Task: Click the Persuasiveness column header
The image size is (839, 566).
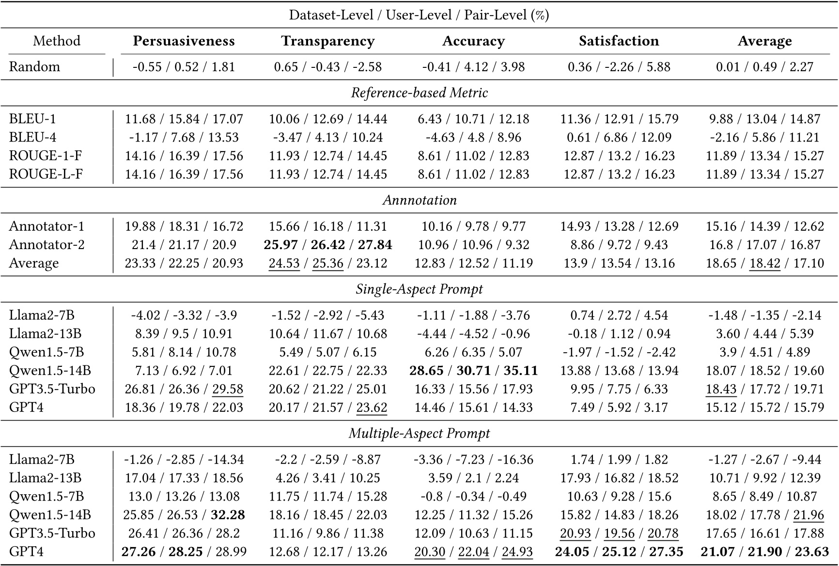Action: pyautogui.click(x=184, y=41)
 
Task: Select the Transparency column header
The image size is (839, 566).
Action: pyautogui.click(x=328, y=41)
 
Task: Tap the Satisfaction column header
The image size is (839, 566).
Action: pyautogui.click(x=619, y=41)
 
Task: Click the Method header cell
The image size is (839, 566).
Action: pyautogui.click(x=57, y=41)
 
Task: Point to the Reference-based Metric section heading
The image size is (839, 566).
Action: pyautogui.click(x=419, y=93)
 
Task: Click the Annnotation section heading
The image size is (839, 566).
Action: pyautogui.click(x=419, y=200)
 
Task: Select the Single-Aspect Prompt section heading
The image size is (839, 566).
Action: pyautogui.click(x=419, y=289)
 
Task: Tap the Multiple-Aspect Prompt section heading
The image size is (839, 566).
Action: pyautogui.click(x=419, y=433)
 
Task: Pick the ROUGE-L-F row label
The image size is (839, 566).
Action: pyautogui.click(x=46, y=174)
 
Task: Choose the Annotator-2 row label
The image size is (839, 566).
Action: pyautogui.click(x=47, y=245)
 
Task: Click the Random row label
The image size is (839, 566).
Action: pyautogui.click(x=34, y=67)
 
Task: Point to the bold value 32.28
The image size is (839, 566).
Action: pyautogui.click(x=228, y=515)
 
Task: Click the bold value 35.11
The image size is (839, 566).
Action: pyautogui.click(x=521, y=371)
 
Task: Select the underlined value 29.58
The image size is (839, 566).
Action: pyautogui.click(x=228, y=389)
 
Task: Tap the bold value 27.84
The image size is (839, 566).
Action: pyautogui.click(x=375, y=245)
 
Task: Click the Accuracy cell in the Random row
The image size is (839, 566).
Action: pyautogui.click(x=473, y=67)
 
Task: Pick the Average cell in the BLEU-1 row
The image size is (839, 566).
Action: pyautogui.click(x=765, y=119)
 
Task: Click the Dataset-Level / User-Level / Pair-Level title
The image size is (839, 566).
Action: pyautogui.click(x=419, y=15)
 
